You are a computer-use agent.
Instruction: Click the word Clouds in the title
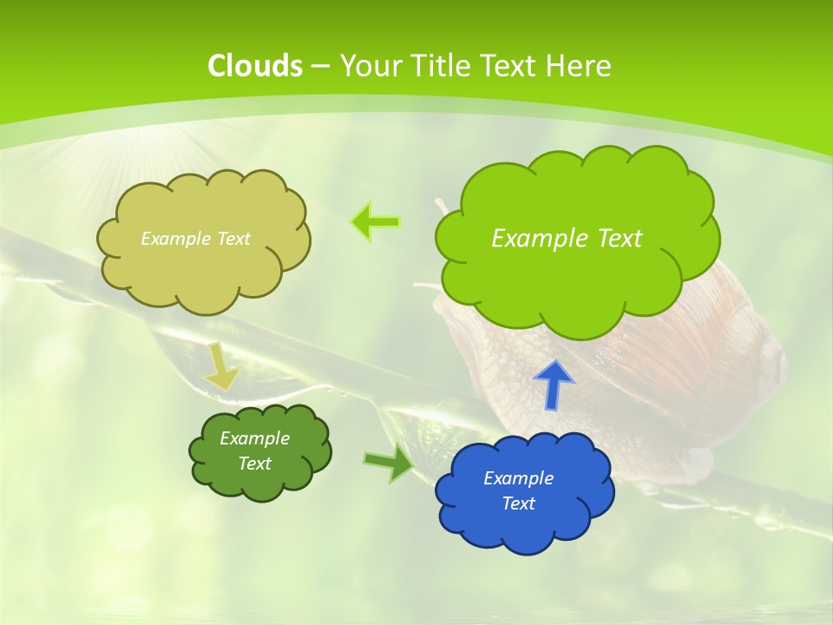coord(255,66)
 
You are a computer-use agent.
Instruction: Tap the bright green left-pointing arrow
coord(375,222)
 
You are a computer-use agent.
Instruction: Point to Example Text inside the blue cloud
coord(519,490)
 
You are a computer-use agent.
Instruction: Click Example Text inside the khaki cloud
coord(195,239)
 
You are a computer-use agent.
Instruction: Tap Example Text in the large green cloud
coord(567,239)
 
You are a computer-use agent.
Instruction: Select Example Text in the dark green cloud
coord(255,451)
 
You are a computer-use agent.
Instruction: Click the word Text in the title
coord(512,66)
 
